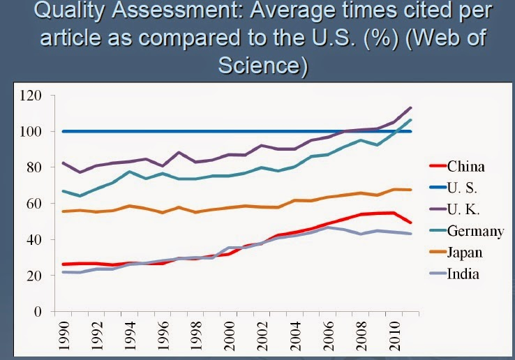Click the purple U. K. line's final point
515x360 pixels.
411,107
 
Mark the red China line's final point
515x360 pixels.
411,223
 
